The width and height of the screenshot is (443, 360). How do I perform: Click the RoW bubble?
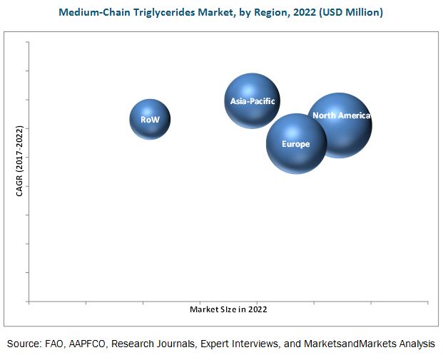coord(150,119)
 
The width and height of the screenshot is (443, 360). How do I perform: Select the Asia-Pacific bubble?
coord(252,101)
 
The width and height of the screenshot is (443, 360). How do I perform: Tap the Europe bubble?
coord(296,143)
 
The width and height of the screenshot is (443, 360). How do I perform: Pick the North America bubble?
coord(340,125)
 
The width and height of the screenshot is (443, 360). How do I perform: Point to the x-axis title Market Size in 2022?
coord(228,309)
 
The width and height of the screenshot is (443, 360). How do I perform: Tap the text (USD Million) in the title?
coord(352,12)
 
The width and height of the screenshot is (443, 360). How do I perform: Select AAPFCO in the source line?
coord(100,344)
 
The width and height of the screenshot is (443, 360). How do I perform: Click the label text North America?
coord(341,115)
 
